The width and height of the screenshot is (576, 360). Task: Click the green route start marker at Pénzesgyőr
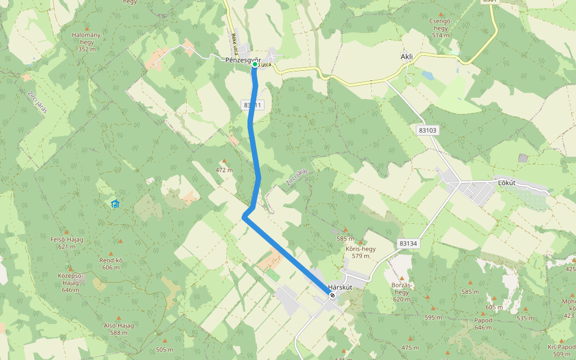255,64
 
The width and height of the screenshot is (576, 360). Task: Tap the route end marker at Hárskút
332,295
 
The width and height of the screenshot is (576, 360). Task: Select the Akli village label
407,57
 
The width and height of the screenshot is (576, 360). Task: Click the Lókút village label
508,182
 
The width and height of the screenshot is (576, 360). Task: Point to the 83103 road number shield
428,130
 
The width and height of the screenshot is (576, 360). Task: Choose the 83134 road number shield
407,244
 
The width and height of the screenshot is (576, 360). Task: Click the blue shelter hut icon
115,204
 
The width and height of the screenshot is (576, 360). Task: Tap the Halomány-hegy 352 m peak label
86,41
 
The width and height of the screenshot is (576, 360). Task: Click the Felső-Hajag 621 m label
67,242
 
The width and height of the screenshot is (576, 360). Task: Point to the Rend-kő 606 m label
111,264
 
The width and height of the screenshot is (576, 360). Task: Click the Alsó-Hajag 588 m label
119,329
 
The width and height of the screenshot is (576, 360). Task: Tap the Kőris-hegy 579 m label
361,252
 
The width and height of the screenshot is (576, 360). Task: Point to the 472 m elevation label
224,170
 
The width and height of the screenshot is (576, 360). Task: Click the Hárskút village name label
340,287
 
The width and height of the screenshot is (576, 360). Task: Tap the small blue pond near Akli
427,75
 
